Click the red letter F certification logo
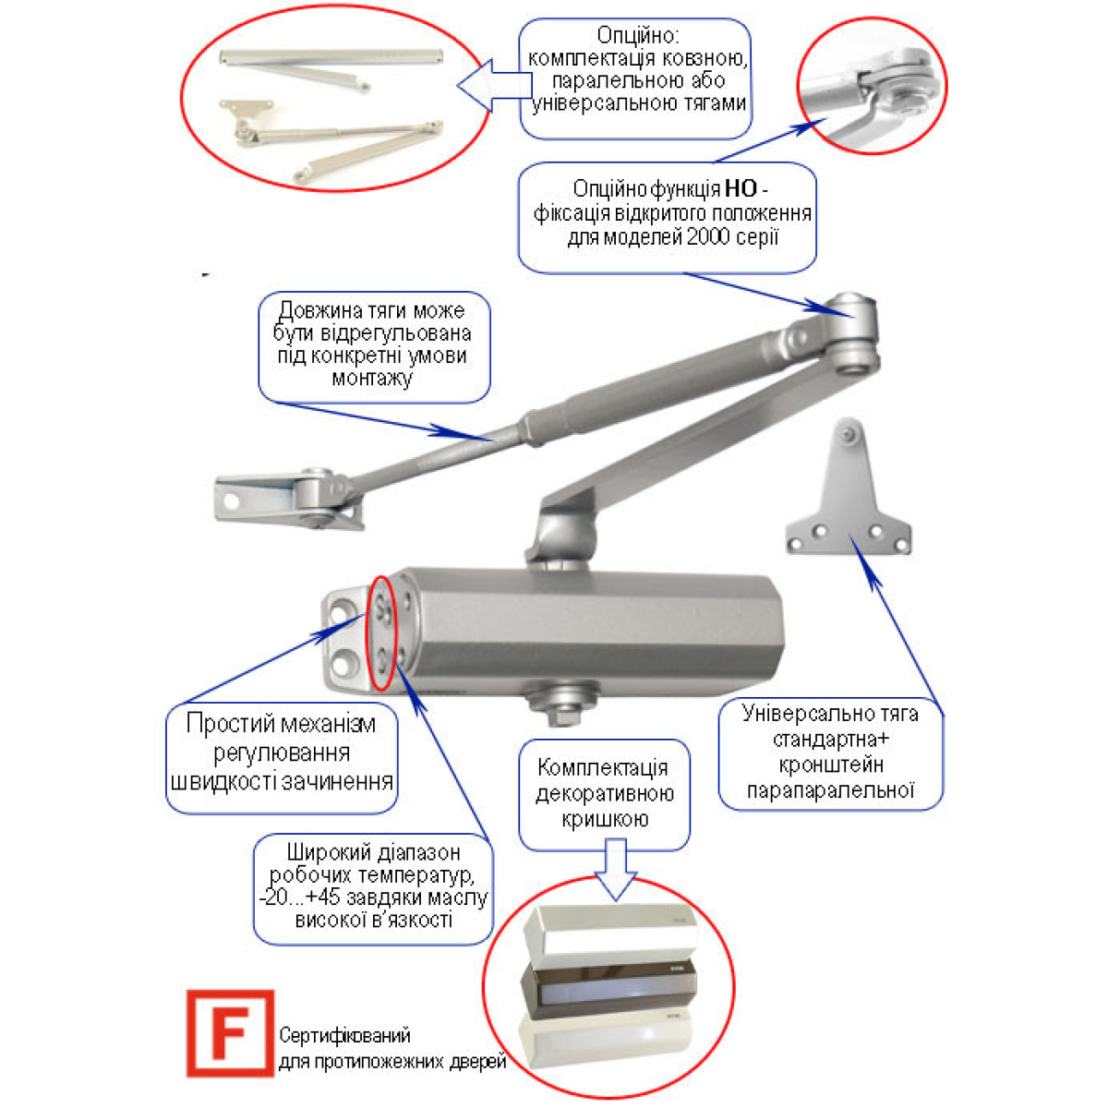[230, 1032]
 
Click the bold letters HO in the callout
[741, 188]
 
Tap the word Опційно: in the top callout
[638, 36]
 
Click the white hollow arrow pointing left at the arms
[495, 85]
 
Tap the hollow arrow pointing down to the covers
[615, 870]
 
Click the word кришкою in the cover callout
[604, 819]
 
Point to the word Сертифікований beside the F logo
[344, 1036]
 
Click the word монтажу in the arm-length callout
[373, 379]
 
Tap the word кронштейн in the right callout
[830, 765]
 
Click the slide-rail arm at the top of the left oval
[331, 67]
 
